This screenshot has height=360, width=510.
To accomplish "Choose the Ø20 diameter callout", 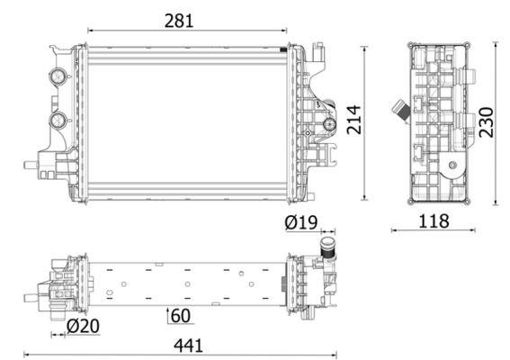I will pos(83,325).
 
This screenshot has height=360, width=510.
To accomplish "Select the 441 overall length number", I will pos(187,344).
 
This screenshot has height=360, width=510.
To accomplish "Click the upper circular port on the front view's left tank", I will pos(59,76).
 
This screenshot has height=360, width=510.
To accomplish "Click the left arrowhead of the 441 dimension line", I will pos(26,354).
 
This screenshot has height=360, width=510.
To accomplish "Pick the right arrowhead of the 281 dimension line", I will pos(285,31).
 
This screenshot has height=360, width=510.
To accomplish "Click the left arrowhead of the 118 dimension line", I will pos(394,229).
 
